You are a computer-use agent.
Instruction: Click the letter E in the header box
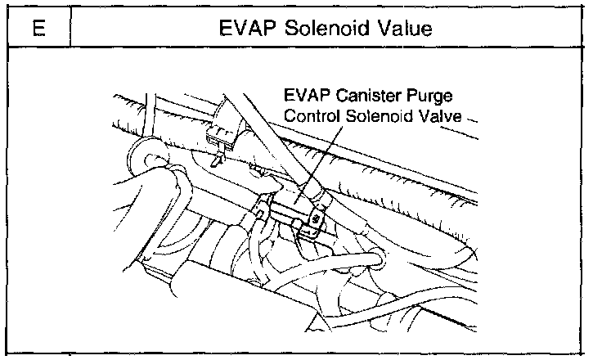(38, 29)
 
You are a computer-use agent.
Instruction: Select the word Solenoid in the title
(321, 29)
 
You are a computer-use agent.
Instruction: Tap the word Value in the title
(402, 29)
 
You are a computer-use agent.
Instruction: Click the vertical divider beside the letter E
(72, 29)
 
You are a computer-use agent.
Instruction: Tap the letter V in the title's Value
(379, 29)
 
